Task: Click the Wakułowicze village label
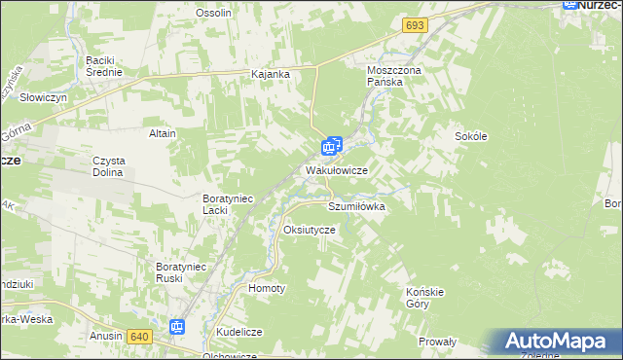(336, 170)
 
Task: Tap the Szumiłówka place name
(357, 207)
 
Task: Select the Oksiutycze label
(309, 230)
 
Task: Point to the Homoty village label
(268, 289)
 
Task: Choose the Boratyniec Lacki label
(227, 204)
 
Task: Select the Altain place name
(162, 133)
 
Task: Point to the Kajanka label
(272, 74)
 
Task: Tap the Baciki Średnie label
(103, 65)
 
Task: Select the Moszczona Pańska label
(390, 77)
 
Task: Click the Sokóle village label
(470, 137)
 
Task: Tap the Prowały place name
(437, 342)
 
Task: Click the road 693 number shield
(416, 23)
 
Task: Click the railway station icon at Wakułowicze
(331, 148)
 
